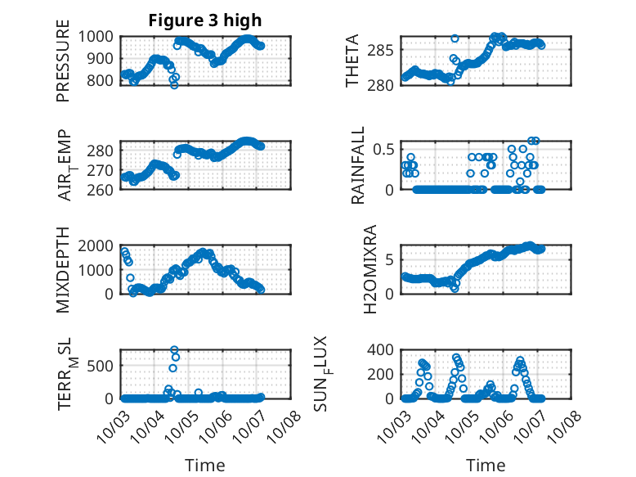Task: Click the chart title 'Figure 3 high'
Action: click(205, 21)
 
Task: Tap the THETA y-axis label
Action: click(352, 61)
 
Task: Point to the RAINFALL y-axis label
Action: click(357, 169)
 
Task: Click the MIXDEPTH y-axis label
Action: click(63, 271)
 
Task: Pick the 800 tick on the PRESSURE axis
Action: click(103, 81)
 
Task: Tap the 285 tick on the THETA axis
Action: click(383, 50)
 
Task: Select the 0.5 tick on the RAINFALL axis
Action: click(384, 148)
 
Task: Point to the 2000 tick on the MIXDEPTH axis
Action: click(98, 245)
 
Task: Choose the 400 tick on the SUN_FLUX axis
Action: click(383, 349)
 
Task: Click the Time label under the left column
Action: click(205, 465)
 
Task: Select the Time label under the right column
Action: click(486, 465)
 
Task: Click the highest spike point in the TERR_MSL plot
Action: click(174, 350)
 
